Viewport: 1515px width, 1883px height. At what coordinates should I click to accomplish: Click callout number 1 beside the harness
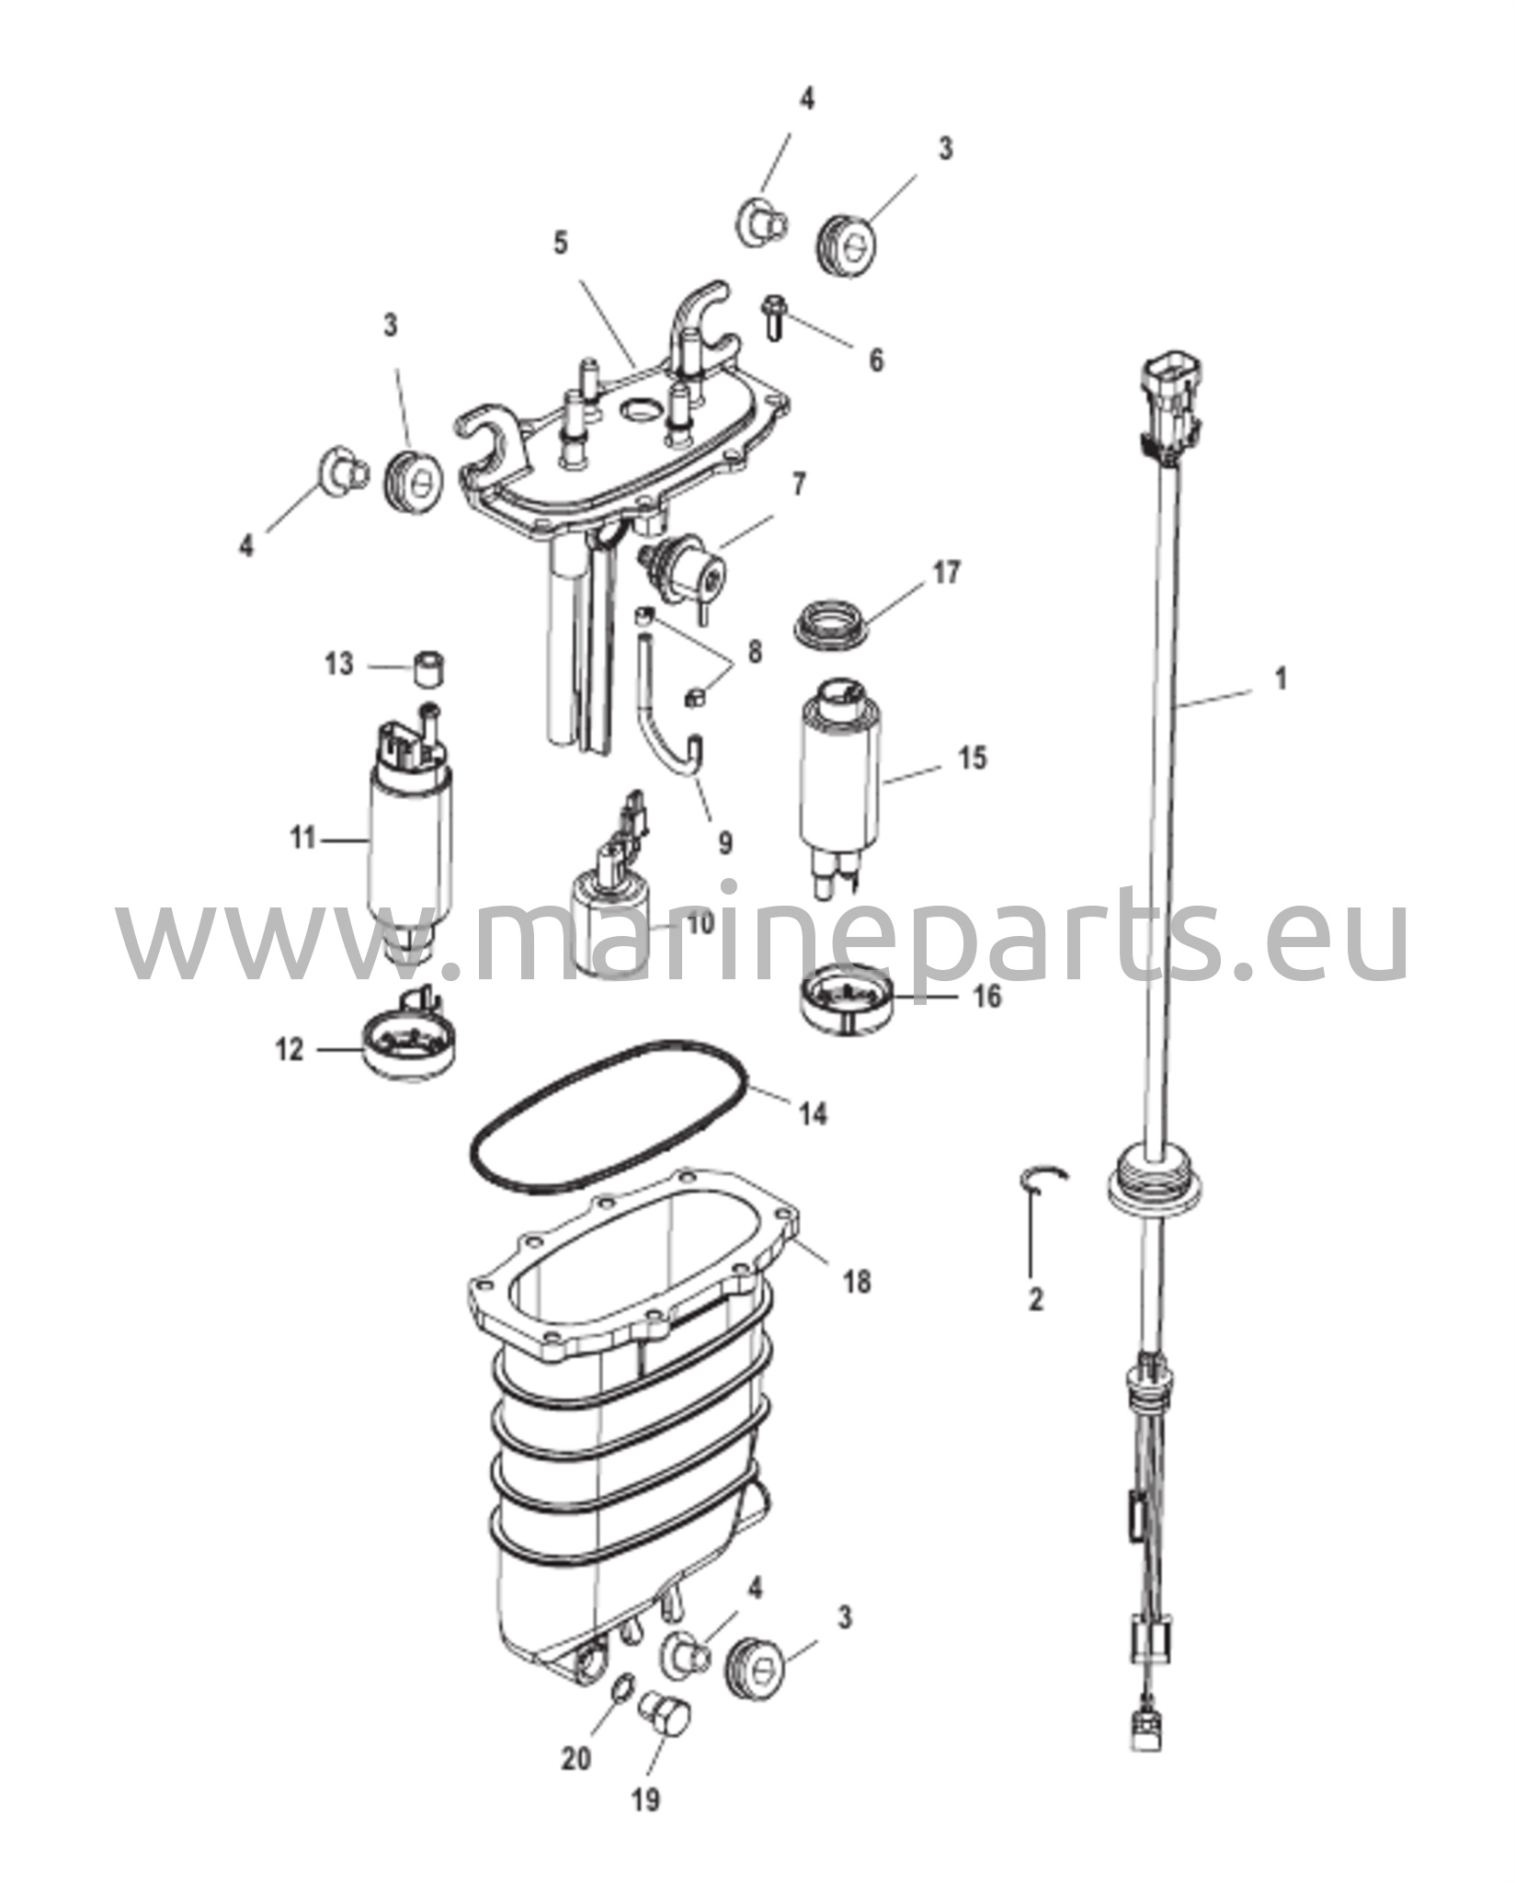pyautogui.click(x=1281, y=679)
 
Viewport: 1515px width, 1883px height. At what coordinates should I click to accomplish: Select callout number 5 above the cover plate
pyautogui.click(x=561, y=244)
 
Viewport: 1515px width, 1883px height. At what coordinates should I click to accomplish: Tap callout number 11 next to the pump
pyautogui.click(x=303, y=839)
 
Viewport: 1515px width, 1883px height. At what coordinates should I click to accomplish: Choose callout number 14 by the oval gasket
pyautogui.click(x=813, y=1114)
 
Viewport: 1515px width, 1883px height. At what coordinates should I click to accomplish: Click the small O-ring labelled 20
pyautogui.click(x=622, y=1686)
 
